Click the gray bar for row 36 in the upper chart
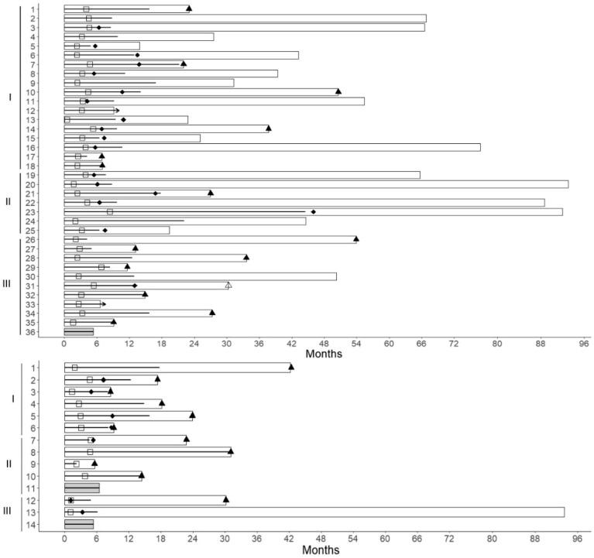[x=78, y=332]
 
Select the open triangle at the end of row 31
[x=228, y=286]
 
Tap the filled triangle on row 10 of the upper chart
[x=338, y=91]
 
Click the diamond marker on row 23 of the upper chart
[x=314, y=211]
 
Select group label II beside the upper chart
[x=9, y=203]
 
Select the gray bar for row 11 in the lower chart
[x=81, y=488]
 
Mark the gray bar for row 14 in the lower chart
[x=78, y=524]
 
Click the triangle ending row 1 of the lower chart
[x=291, y=367]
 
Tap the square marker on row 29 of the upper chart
[x=101, y=267]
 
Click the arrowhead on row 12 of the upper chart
[x=117, y=111]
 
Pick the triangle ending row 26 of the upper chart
[x=356, y=239]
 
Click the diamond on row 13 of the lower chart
[x=82, y=512]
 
